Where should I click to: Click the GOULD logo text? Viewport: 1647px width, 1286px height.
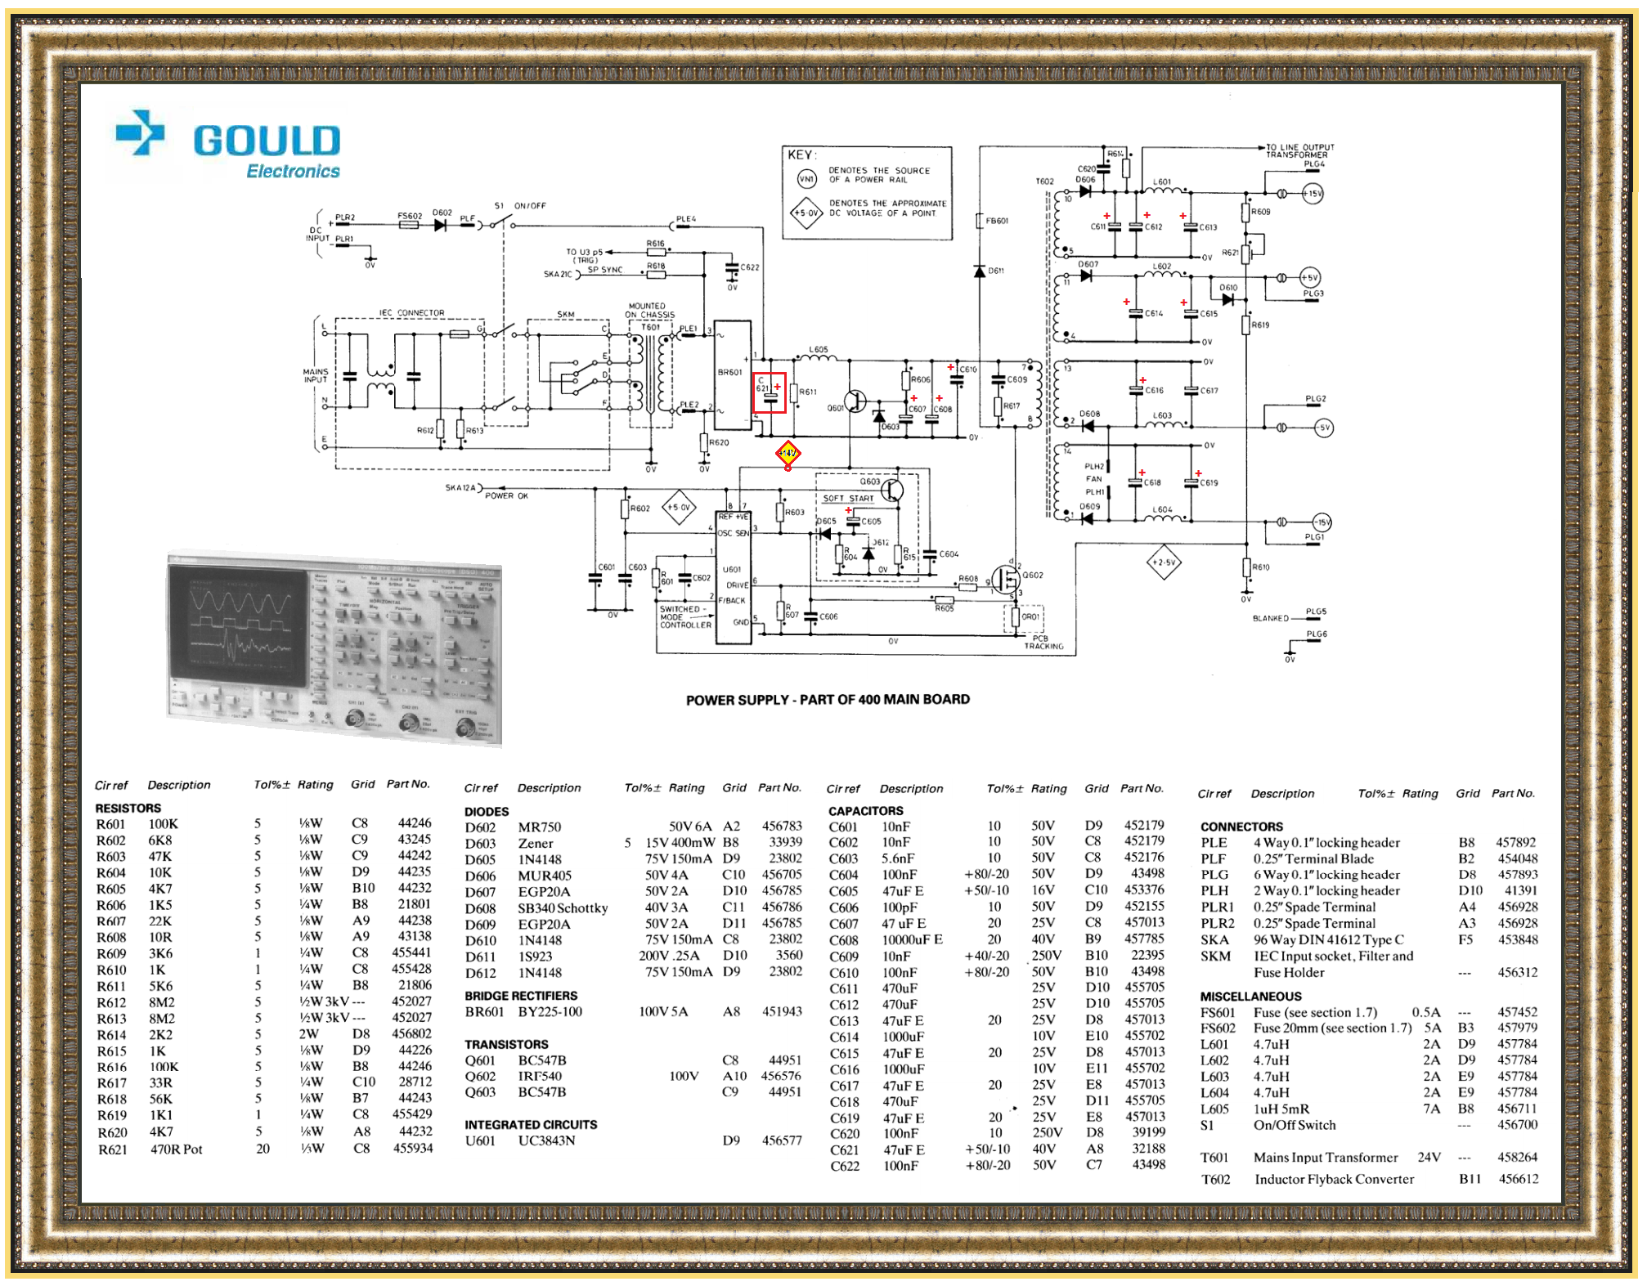(267, 141)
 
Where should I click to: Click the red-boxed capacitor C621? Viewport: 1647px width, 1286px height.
(770, 392)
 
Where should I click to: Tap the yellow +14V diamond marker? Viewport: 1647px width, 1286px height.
(788, 453)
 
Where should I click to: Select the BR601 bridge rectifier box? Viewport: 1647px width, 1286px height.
(733, 374)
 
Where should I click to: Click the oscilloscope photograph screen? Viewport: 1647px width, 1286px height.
(238, 625)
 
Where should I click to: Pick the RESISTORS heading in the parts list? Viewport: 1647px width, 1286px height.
(128, 808)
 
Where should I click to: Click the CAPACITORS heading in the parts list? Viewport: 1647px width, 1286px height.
(865, 810)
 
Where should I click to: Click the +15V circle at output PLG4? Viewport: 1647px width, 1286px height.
(1313, 194)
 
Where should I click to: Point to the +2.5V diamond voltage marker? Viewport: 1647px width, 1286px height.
(1163, 562)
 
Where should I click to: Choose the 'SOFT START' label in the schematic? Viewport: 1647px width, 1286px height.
(848, 498)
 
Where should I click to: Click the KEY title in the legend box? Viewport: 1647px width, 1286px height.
(801, 155)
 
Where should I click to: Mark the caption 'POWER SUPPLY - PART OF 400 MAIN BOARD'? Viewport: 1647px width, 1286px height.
(828, 700)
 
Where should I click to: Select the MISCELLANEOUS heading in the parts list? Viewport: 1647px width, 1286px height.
(1250, 996)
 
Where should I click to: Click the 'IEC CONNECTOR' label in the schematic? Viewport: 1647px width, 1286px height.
(411, 312)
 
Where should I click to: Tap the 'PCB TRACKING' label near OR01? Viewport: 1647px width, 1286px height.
(1043, 642)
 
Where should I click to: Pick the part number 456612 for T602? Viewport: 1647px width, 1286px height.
(1518, 1179)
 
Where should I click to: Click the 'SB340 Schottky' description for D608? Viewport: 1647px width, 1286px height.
(563, 907)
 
